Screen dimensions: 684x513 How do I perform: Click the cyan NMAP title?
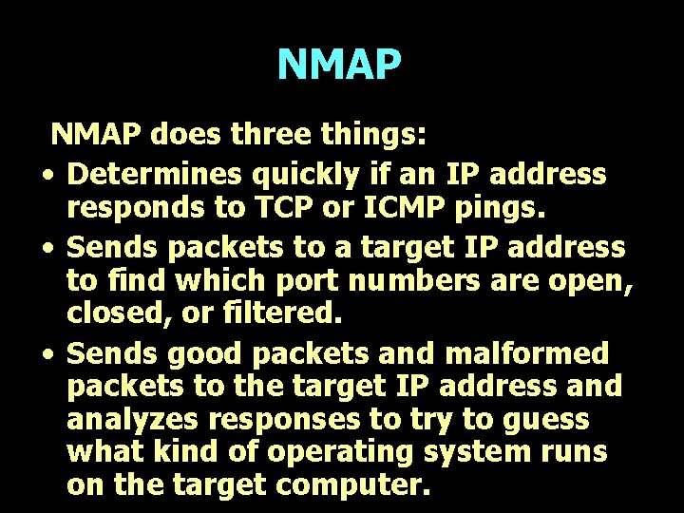pos(339,65)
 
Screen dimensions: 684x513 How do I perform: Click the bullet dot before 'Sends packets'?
pos(46,249)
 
